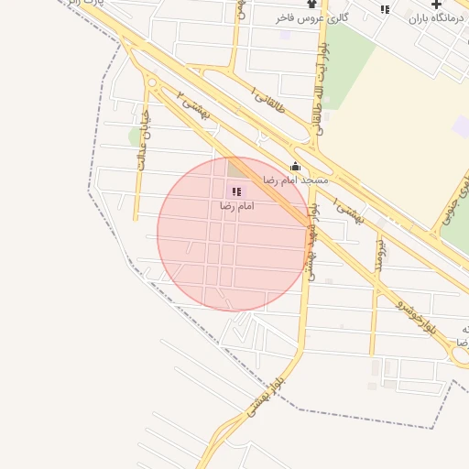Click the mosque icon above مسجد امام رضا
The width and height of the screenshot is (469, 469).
295,167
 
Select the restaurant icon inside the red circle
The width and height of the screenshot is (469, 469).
236,192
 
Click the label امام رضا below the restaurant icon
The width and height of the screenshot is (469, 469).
236,207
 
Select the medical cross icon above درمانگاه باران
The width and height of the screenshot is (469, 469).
436,5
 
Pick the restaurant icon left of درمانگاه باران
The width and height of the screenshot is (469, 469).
385,9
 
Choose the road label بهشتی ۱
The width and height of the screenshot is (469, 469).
349,212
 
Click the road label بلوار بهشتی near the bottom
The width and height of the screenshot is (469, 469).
265,399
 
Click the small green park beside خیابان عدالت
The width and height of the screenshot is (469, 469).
136,137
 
